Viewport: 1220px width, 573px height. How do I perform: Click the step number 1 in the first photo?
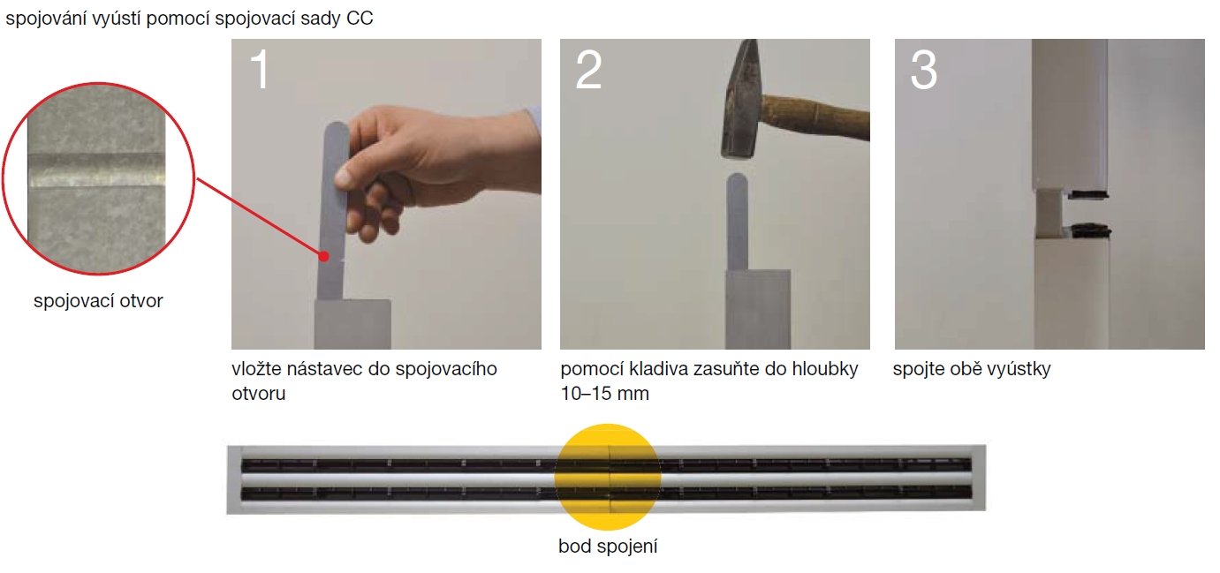click(260, 71)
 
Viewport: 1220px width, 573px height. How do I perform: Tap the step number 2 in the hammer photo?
click(588, 71)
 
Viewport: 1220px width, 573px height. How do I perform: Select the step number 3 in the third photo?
click(924, 71)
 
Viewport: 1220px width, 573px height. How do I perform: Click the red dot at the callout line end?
click(324, 256)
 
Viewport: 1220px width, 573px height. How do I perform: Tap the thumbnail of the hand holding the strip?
click(343, 177)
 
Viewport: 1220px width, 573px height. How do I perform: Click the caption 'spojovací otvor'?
click(98, 301)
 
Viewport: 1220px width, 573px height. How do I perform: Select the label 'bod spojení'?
click(608, 546)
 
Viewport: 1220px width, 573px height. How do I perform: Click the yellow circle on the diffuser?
click(608, 477)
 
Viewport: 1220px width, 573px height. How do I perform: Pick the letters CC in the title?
click(360, 18)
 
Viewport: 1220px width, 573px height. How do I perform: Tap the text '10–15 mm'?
click(604, 394)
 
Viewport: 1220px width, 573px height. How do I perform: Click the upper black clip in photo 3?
click(1087, 194)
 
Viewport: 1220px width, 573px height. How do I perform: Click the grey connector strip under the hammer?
click(737, 222)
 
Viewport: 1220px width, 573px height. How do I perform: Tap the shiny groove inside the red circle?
click(96, 171)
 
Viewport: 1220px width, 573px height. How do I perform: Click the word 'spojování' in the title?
click(46, 19)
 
